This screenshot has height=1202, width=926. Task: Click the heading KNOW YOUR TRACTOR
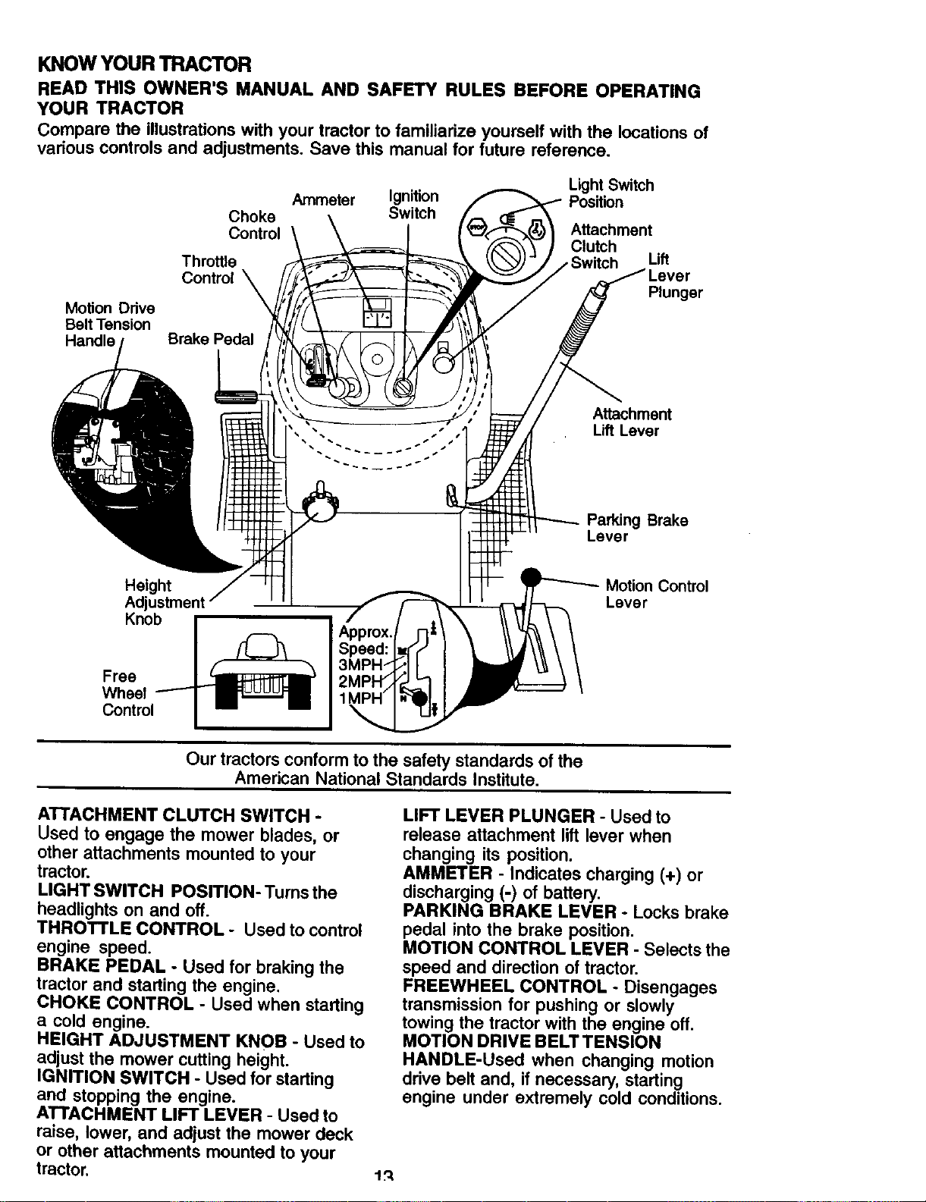point(144,64)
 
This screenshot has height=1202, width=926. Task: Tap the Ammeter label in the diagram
point(323,199)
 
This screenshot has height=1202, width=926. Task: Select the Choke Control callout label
point(255,224)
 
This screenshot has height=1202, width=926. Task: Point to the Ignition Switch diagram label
point(413,205)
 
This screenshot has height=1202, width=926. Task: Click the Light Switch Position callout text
point(611,193)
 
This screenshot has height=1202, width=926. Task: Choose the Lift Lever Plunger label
point(675,275)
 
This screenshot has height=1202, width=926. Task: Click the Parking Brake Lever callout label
point(637,529)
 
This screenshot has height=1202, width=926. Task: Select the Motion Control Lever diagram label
point(657,594)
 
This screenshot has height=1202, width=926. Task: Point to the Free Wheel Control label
point(127,693)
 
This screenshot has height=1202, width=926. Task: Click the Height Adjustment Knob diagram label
point(165,602)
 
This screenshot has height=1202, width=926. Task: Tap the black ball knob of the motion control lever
point(532,578)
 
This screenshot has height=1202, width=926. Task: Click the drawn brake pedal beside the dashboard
point(236,396)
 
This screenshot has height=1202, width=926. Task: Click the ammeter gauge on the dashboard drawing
point(377,313)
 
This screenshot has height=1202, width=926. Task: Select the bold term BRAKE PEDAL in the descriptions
point(101,966)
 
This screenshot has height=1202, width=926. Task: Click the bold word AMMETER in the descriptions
point(447,874)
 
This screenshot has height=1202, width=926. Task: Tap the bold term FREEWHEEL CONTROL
point(504,987)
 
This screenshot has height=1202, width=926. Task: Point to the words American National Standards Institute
point(387,780)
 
